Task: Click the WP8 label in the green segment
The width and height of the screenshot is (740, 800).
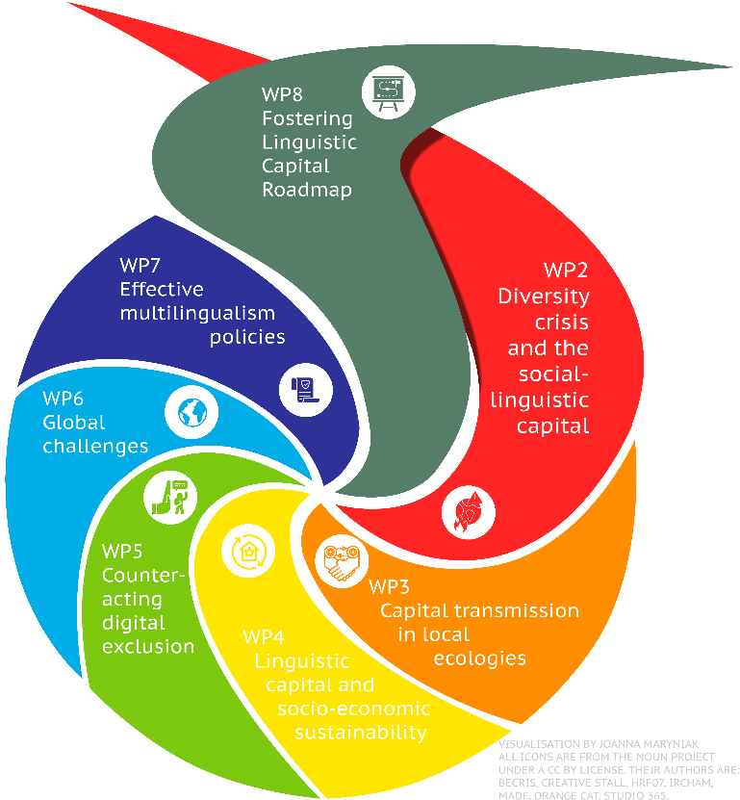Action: tap(281, 95)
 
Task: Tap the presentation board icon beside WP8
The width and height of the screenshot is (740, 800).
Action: tap(386, 90)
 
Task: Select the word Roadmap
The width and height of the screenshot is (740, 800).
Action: tap(306, 190)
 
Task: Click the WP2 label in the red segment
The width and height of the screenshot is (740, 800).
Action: tap(566, 271)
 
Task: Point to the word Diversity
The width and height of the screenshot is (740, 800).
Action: tap(543, 296)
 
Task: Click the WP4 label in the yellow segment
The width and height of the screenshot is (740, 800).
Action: tap(264, 636)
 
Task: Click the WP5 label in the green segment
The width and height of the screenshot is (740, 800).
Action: tap(122, 552)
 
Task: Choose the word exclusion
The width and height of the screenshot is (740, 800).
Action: tap(148, 645)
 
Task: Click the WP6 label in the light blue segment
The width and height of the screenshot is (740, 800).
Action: tap(64, 398)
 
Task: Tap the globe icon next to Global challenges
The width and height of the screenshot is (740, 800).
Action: tap(188, 412)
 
